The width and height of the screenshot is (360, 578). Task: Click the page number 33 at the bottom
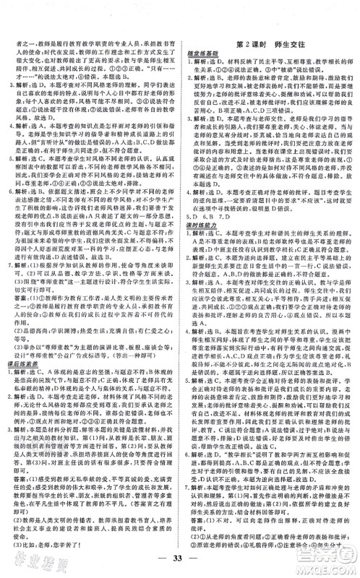point(180,560)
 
